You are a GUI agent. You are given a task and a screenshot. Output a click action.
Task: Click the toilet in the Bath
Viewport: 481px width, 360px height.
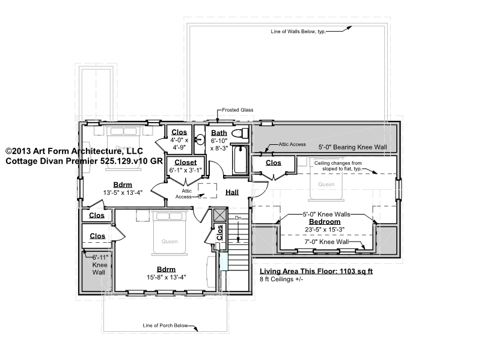(x=240, y=133)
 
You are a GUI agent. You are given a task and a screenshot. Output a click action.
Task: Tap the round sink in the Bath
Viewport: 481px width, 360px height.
(x=200, y=140)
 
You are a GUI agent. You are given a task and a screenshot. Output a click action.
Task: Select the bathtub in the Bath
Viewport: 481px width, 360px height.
(x=240, y=160)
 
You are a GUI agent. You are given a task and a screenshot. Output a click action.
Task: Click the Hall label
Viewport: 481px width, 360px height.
(x=232, y=192)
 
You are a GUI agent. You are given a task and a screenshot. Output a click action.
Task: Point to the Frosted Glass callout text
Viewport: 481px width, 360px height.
(x=237, y=110)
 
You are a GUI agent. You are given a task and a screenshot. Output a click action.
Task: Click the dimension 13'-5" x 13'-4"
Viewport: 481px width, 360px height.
(x=123, y=192)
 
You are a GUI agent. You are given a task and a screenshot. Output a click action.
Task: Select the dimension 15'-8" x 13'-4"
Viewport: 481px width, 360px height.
(x=167, y=277)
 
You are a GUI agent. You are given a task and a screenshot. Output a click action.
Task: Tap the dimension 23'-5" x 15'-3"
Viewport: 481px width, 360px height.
(x=325, y=230)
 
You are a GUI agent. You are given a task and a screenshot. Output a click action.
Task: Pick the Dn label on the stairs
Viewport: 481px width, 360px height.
(x=238, y=218)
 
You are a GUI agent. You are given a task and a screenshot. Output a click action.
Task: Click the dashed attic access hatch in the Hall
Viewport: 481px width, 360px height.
(x=207, y=191)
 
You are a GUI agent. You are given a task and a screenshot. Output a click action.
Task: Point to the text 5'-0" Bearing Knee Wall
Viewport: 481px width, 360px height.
(x=352, y=147)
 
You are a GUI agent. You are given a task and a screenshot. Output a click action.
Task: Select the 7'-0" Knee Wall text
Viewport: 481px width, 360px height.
(x=326, y=242)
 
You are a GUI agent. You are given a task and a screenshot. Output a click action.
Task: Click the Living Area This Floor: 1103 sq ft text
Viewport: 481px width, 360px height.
(x=316, y=271)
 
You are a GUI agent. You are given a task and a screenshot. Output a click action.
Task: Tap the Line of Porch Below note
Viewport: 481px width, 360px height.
(x=165, y=325)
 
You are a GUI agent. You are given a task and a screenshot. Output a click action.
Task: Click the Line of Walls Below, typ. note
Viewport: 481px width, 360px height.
(x=298, y=31)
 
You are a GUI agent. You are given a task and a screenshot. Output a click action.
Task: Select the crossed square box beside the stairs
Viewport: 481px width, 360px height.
(x=220, y=215)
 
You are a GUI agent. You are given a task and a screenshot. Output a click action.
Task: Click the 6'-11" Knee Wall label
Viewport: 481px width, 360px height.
(x=100, y=265)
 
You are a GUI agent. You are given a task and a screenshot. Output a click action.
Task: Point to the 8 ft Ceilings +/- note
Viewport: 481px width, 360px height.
(x=281, y=279)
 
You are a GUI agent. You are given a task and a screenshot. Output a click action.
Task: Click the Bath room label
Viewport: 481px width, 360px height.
(x=219, y=133)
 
